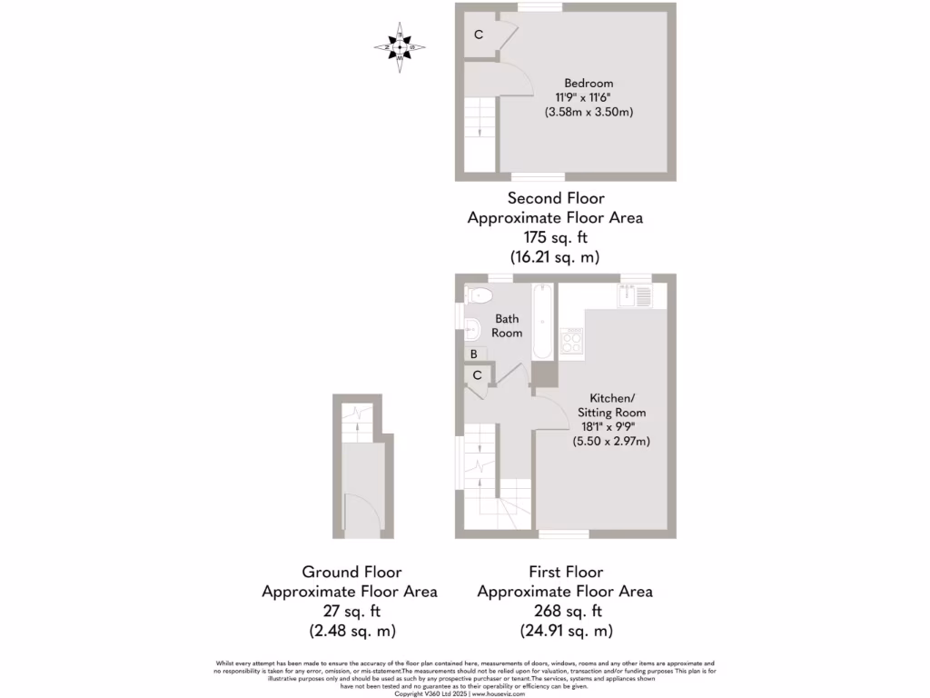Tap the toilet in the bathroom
(478, 294)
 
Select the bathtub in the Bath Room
(542, 322)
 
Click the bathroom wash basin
(472, 329)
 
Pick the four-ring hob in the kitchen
(572, 342)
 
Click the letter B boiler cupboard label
(473, 354)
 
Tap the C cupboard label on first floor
(477, 374)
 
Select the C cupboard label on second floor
(478, 35)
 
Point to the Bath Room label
(508, 325)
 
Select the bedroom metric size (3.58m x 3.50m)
(588, 113)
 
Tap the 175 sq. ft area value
(556, 237)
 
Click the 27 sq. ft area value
(350, 611)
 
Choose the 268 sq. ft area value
(565, 611)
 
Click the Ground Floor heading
(350, 572)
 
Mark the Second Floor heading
(556, 198)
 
